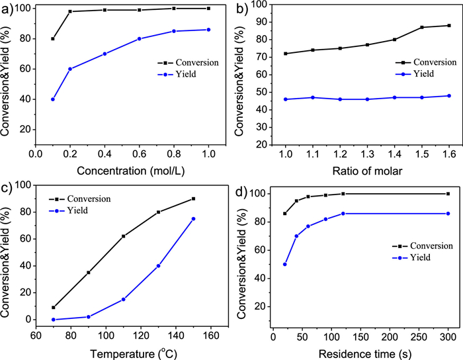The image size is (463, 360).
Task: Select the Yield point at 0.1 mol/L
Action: (53, 99)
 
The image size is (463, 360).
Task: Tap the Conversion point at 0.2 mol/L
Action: (70, 11)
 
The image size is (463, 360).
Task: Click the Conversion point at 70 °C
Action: (53, 307)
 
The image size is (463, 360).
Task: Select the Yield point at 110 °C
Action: (123, 299)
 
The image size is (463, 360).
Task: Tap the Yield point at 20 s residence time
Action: (284, 264)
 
